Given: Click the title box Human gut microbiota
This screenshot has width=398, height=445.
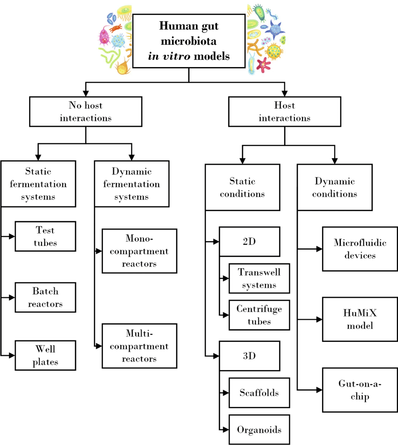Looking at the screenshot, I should (x=189, y=41).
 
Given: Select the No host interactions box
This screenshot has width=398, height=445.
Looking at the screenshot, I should (x=85, y=112).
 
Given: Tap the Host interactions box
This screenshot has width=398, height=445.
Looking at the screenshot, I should (x=284, y=112).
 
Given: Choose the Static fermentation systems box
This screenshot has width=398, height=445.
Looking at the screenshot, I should (x=38, y=184).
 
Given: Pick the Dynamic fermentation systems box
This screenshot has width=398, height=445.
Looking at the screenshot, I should (x=132, y=184).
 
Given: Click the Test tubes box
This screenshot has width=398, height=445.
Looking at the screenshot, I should (x=45, y=236).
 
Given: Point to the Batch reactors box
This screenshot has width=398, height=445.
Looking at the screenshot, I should (x=45, y=297).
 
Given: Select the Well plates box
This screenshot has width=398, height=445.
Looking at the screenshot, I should (x=45, y=355).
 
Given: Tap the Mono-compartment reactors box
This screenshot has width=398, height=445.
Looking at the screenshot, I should (x=139, y=251).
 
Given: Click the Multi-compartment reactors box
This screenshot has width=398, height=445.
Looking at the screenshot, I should (x=139, y=346).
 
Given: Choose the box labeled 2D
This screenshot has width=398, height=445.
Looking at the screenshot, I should (x=249, y=242).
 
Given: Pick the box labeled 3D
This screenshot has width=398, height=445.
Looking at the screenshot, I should (x=249, y=356).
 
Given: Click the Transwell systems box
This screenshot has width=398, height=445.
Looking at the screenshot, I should (x=259, y=278).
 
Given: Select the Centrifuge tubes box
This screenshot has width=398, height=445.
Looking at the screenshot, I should (x=259, y=315).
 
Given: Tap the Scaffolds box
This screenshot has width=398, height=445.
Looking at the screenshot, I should (x=259, y=393).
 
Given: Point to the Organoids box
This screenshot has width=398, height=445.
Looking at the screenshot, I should (x=259, y=430).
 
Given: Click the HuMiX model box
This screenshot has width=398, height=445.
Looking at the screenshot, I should (x=360, y=319).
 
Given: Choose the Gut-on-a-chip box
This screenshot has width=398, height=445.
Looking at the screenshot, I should (x=360, y=390).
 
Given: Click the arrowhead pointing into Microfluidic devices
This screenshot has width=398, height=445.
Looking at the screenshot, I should (x=319, y=249).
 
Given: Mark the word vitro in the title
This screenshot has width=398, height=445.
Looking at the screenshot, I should (x=177, y=56).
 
